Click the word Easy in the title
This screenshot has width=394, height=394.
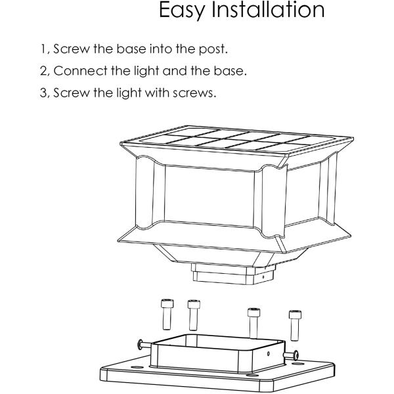(182, 10)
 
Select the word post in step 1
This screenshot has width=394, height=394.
(213, 49)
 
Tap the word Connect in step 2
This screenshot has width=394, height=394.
(80, 71)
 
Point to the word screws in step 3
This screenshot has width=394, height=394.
(194, 93)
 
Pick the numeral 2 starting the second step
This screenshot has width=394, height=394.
(44, 71)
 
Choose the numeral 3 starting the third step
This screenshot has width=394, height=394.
(44, 93)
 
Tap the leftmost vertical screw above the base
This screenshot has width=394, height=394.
(167, 315)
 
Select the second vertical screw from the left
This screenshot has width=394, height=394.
(194, 315)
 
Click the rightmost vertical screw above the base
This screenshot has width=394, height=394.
(295, 326)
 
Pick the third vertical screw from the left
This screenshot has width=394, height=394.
(253, 322)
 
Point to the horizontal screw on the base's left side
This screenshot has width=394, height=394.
(144, 345)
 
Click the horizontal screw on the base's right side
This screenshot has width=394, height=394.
(291, 355)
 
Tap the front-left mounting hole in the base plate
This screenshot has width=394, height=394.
(137, 367)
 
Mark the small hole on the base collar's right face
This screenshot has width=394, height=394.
(269, 354)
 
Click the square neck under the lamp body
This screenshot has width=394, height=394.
(233, 274)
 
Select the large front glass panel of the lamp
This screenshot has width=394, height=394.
(209, 196)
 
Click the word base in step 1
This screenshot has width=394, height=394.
(131, 49)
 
